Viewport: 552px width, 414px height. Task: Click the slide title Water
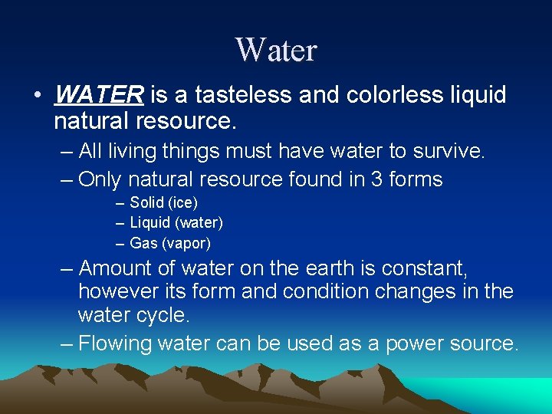pos(276,51)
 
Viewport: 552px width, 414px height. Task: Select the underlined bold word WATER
pos(100,95)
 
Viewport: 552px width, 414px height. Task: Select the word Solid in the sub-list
pos(146,202)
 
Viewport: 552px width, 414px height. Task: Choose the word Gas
pos(143,244)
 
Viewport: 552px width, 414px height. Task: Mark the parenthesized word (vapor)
pos(186,244)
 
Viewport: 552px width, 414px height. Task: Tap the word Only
pos(100,179)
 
